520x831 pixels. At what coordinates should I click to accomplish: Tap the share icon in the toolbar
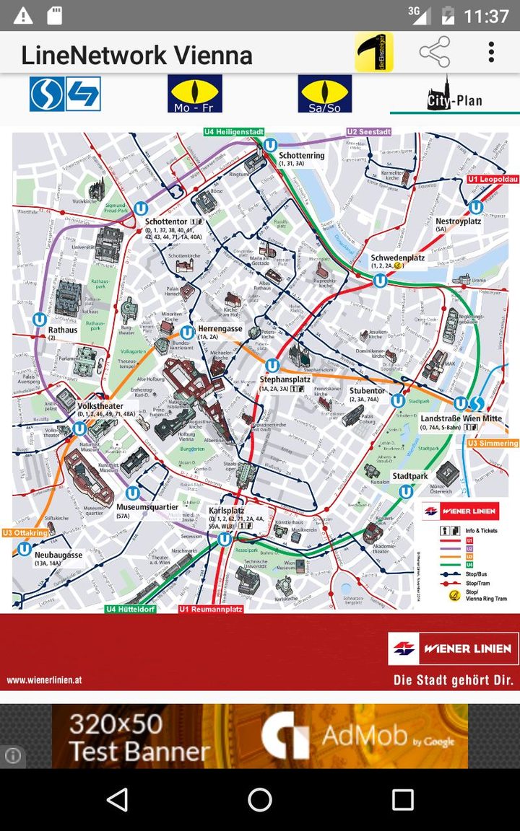pyautogui.click(x=434, y=52)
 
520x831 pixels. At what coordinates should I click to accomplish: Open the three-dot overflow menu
pyautogui.click(x=491, y=52)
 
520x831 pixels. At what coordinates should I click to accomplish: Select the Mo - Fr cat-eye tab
pyautogui.click(x=194, y=94)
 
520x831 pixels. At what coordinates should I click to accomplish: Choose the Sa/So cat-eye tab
pyautogui.click(x=324, y=94)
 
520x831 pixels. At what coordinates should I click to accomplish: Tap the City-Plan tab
pyautogui.click(x=454, y=94)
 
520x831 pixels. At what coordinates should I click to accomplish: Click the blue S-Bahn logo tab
pyautogui.click(x=65, y=94)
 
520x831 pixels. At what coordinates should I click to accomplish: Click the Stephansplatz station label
pyautogui.click(x=285, y=379)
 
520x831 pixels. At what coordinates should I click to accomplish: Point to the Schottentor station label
pyautogui.click(x=165, y=221)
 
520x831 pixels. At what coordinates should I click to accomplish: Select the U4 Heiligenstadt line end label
pyautogui.click(x=233, y=132)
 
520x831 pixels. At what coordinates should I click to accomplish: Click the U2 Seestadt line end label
pyautogui.click(x=369, y=132)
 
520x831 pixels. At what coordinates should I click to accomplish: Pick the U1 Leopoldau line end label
pyautogui.click(x=493, y=179)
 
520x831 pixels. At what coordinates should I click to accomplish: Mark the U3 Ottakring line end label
pyautogui.click(x=25, y=532)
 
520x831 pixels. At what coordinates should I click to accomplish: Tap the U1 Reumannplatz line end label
pyautogui.click(x=211, y=609)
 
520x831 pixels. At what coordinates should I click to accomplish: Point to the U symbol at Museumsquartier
pyautogui.click(x=132, y=493)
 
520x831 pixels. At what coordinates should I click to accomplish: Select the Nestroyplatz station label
pyautogui.click(x=458, y=221)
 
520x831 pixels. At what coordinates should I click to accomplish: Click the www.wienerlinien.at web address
pyautogui.click(x=44, y=679)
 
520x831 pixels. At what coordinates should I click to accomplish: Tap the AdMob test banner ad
pyautogui.click(x=260, y=736)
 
